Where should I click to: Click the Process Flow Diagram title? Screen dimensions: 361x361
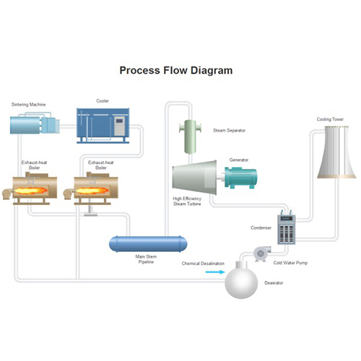coord(176,71)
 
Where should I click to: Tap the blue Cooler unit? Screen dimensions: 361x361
coord(103,126)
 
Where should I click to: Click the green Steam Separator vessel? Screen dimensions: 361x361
coord(190,136)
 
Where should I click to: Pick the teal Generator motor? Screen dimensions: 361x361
coord(240,178)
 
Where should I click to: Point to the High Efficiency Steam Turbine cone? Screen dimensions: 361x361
coord(194,178)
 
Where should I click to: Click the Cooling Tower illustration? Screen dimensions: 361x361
coord(336,152)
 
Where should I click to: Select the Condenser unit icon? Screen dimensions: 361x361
coord(287,227)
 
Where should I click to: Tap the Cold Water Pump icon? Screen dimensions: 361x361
coord(261,253)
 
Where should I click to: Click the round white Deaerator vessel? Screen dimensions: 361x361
coord(241,281)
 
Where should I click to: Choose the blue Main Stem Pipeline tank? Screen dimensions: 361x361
coord(148,244)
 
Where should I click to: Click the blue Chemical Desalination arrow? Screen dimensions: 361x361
coord(215,272)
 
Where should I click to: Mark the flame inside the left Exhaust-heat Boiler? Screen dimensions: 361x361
coord(30,191)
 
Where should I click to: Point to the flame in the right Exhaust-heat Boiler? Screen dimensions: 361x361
coord(92,191)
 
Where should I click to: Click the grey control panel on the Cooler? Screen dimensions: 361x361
coord(119,126)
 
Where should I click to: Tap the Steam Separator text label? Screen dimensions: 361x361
coord(229,131)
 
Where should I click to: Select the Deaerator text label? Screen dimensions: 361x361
coord(274,283)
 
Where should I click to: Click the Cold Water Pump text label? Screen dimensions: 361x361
coord(290,263)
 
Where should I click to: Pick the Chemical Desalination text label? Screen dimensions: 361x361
coord(203,264)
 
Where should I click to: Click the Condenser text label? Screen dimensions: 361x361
coord(261,227)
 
